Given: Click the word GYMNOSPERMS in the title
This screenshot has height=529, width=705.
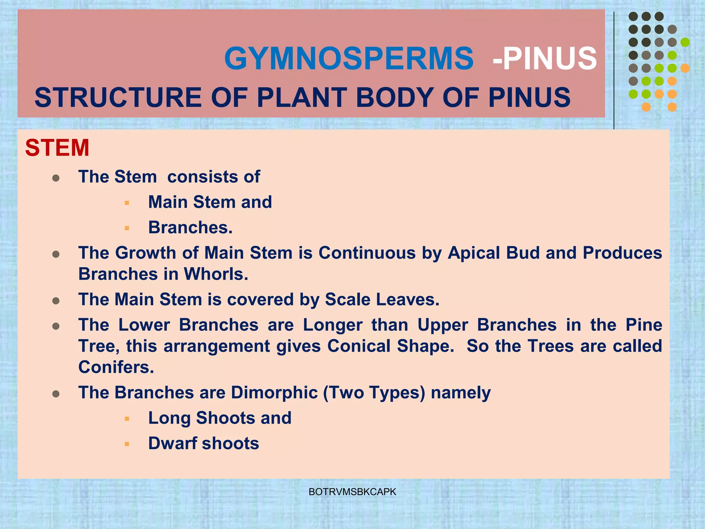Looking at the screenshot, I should pos(349,59).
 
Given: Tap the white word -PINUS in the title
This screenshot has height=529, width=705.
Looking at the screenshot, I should pos(545,59).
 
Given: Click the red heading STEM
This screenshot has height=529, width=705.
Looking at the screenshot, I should pos(57,148).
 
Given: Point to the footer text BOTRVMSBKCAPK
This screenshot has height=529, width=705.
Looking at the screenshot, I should pos(352,492).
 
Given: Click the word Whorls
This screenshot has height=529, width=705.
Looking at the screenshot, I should pos(216,274).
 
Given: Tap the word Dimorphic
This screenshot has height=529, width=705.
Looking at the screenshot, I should pos(274,393).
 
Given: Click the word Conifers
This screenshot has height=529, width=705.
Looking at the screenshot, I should pos(116,367).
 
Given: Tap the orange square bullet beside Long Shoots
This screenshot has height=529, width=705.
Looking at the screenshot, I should pos(127,419).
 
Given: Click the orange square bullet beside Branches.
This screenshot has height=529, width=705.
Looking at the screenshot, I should pos(127,228).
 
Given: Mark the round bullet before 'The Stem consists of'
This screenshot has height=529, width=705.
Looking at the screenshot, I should pos(56,178).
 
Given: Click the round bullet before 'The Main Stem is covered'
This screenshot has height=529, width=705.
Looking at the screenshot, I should pos(56,301).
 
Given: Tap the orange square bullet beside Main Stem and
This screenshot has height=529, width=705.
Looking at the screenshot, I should pos(127,203).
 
